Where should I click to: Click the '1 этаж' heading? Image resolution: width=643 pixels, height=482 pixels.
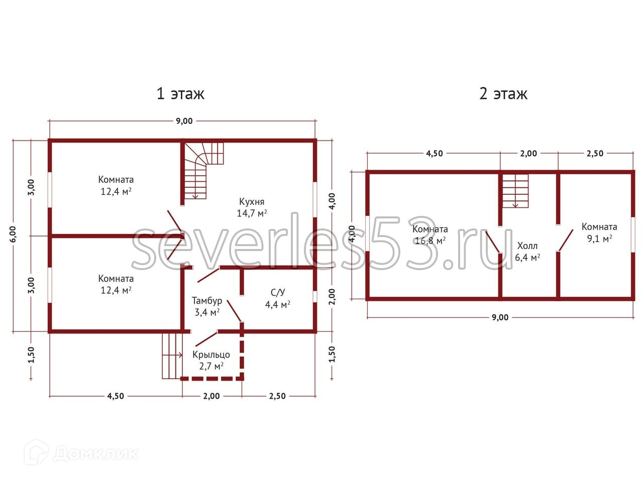tap(180, 93)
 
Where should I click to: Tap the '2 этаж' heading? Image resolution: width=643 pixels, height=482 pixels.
tap(503, 93)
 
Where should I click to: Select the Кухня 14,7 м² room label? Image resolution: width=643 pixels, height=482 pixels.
tap(252, 207)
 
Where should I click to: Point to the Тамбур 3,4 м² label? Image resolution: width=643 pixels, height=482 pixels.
tap(206, 306)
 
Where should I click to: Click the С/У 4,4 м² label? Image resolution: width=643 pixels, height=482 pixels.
tap(278, 298)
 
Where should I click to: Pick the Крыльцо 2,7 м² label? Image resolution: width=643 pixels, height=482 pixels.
tap(211, 360)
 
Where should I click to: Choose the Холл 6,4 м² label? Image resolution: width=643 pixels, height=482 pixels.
tap(527, 252)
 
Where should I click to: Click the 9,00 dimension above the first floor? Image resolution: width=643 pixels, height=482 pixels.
tap(183, 121)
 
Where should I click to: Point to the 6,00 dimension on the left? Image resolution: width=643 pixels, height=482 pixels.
tap(13, 234)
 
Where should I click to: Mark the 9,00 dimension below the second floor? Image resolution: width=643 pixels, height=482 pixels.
tap(500, 317)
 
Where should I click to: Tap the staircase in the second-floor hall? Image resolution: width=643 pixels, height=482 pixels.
tap(514, 190)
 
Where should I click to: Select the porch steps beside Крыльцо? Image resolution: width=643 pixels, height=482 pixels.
tap(171, 355)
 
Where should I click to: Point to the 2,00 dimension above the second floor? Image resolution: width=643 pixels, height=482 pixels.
tap(528, 154)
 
